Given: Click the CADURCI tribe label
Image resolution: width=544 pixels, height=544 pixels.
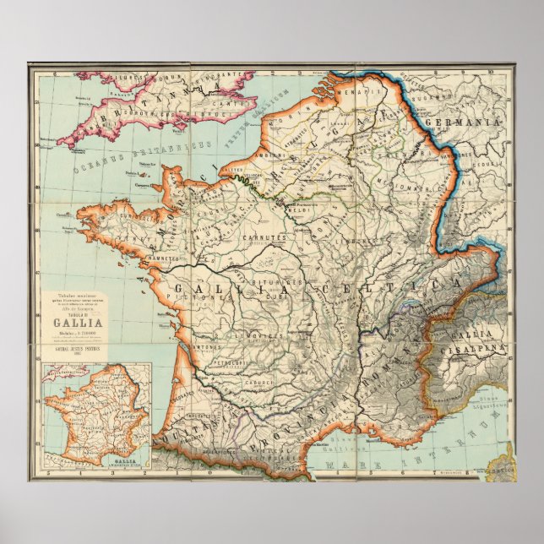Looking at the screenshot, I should coord(256,383).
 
